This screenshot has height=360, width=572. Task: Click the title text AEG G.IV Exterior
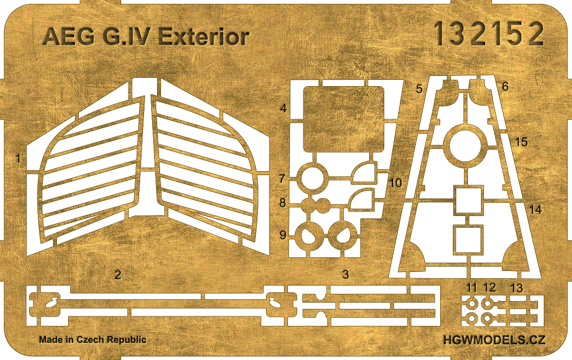coord(146,37)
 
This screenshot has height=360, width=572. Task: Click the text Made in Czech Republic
coord(92,340)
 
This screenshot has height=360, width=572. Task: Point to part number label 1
coord(18,159)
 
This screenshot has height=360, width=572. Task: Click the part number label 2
coord(117,275)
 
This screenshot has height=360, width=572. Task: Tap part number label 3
coord(346,275)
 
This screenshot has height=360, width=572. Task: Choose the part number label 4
coord(284,108)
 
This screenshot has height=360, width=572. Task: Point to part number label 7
coord(282,179)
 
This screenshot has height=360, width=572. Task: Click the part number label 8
coord(282,203)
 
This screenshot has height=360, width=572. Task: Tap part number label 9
coord(282,235)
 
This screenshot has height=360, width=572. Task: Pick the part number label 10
coord(395,183)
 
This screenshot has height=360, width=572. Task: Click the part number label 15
coord(521,142)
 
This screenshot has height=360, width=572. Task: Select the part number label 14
coord(535,210)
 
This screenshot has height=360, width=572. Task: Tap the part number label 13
coord(517,288)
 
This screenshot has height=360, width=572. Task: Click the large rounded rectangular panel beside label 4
coord(342,119)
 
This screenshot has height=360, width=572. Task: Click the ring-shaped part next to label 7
coord(310,178)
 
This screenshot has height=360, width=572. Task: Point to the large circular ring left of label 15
coord(465,145)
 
